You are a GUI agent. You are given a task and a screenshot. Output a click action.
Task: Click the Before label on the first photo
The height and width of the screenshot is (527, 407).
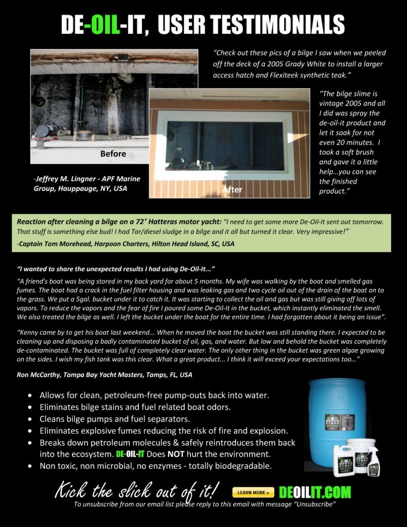113,153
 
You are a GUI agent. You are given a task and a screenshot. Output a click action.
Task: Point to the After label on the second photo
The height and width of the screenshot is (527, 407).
232,189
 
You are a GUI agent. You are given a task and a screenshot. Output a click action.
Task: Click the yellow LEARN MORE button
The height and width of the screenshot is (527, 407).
253,493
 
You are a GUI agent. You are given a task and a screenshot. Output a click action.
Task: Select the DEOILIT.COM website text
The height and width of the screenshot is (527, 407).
314,492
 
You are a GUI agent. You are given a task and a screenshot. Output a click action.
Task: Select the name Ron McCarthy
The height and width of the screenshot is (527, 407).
39,375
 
